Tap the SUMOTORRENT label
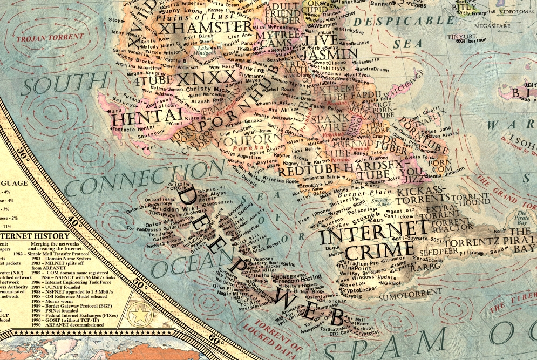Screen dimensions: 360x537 pos(403,296)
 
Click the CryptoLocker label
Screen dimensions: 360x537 pos(359,289)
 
